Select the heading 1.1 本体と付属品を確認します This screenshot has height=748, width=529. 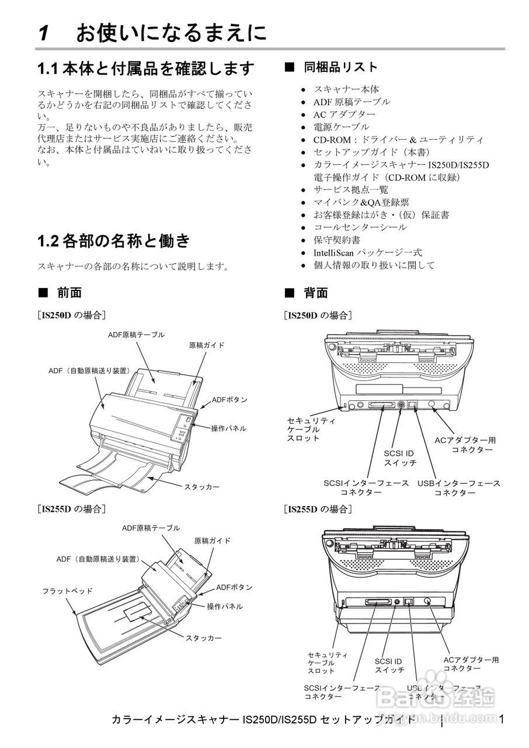146,69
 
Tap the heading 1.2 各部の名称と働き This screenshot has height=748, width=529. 114,240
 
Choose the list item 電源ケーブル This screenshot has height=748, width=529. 341,127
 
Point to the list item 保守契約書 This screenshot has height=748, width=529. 337,240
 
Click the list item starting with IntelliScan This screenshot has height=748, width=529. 367,252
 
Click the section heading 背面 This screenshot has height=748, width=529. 316,293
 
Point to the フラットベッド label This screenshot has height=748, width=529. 67,591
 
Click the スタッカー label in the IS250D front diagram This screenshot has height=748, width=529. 202,486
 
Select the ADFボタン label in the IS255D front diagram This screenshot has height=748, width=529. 234,587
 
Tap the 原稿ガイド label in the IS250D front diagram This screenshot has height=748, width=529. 207,345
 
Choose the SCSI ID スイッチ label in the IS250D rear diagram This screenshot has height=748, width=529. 399,458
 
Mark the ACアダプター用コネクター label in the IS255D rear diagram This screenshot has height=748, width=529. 471,664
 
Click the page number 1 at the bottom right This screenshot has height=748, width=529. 502,719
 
